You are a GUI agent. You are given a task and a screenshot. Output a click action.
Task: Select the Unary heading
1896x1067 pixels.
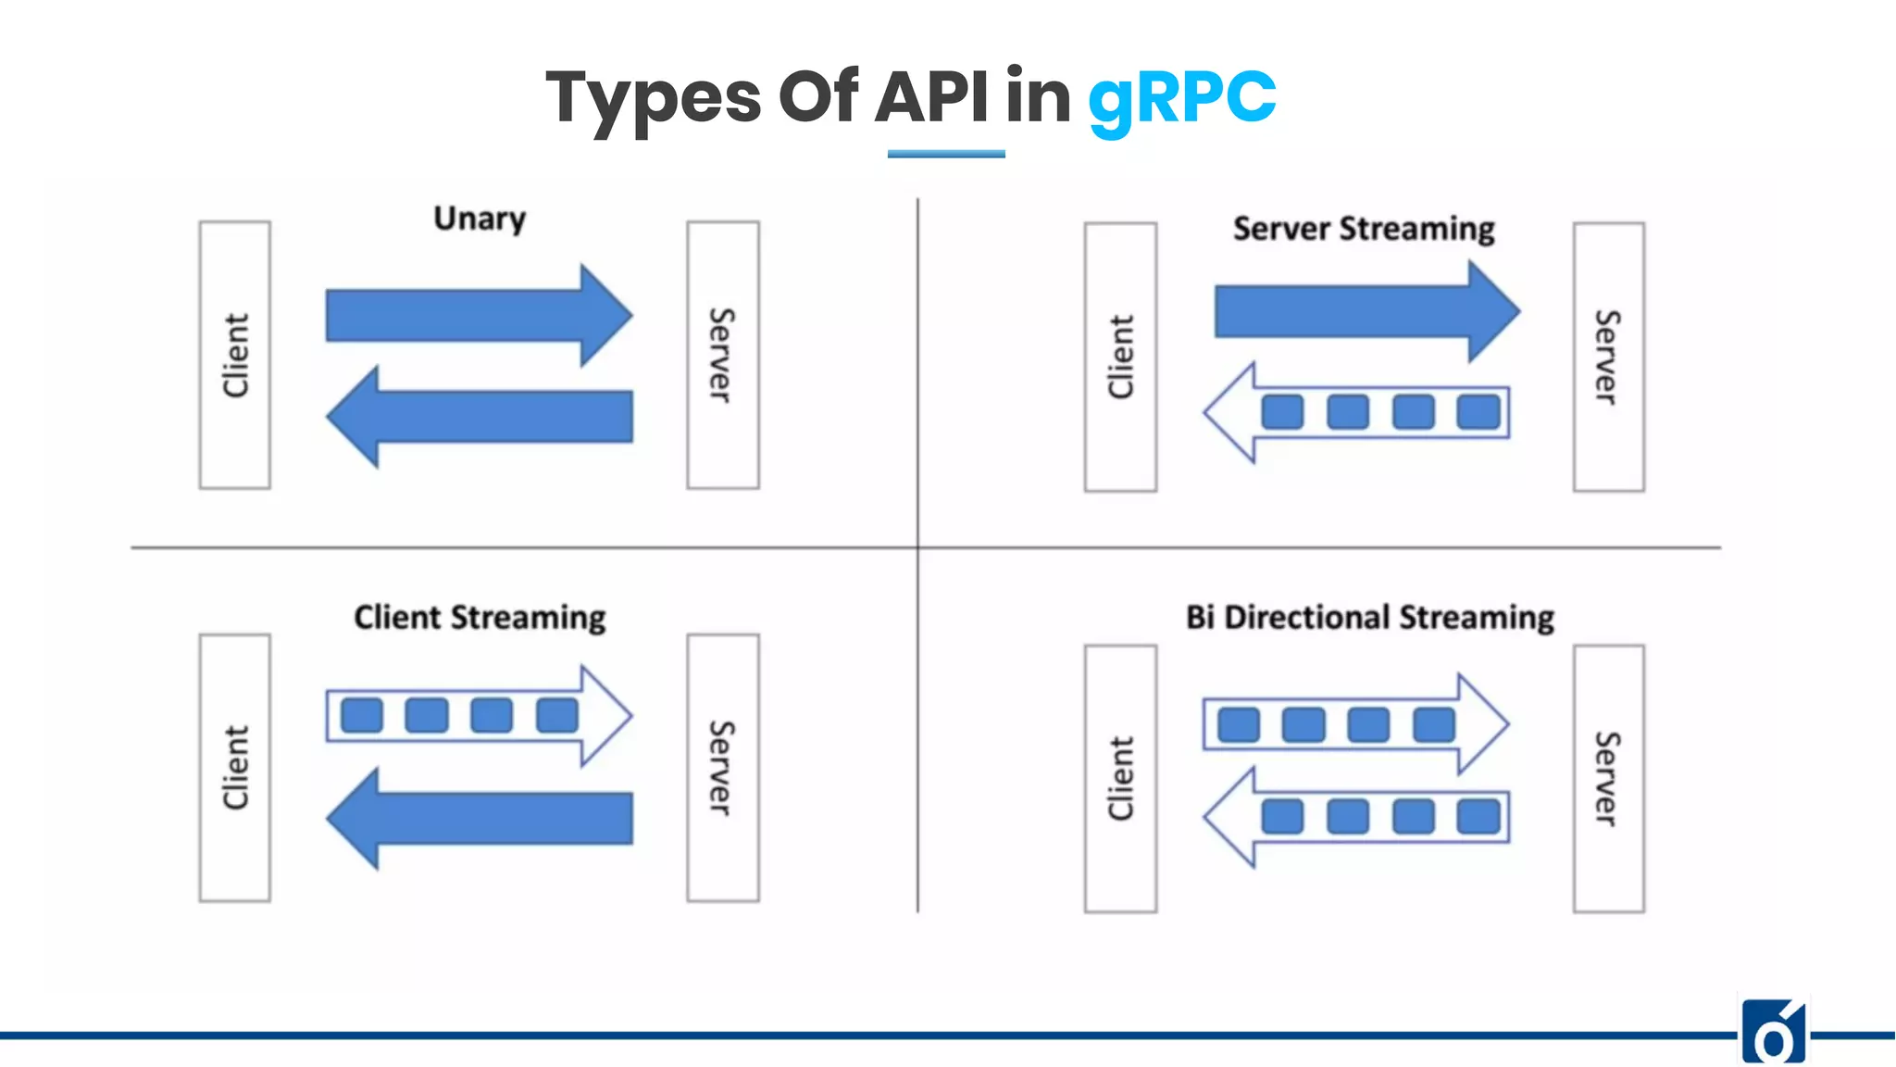[x=480, y=219]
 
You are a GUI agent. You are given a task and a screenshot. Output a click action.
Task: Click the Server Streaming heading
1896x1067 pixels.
[x=1364, y=229]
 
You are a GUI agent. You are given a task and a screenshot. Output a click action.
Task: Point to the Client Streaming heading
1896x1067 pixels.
[x=480, y=617]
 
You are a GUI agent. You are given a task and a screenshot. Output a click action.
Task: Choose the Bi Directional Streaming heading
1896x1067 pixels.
[x=1369, y=617]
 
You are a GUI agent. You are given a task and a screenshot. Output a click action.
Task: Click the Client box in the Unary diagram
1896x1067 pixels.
[x=235, y=355]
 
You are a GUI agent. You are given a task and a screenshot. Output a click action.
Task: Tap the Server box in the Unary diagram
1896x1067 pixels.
[x=723, y=355]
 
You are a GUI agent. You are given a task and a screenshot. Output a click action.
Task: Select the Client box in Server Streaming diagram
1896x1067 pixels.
[x=1120, y=357]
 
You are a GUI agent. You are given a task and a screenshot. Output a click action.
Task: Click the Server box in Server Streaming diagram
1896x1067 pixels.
[x=1608, y=357]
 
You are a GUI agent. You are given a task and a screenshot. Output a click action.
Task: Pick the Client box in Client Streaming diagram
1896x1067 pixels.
[x=235, y=768]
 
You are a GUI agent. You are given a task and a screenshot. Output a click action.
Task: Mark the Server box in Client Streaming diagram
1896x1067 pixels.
[x=723, y=768]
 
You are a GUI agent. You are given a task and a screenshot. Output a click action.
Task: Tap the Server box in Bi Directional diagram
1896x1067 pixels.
[x=1608, y=779]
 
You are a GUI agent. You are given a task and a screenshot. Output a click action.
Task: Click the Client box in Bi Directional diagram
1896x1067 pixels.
[x=1120, y=779]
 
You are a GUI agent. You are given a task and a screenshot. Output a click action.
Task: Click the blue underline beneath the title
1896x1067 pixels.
[x=946, y=154]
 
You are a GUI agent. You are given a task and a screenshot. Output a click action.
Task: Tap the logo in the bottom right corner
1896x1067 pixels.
[x=1774, y=1032]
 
